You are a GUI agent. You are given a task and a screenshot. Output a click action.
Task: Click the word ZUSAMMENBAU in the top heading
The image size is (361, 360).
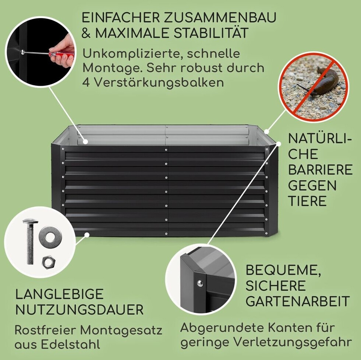point(220,18)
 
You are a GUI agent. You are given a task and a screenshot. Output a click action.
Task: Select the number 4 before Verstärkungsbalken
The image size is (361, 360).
point(86,82)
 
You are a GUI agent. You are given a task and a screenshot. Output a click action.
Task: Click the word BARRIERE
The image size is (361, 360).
point(320,170)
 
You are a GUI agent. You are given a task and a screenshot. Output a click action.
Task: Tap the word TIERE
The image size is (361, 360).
point(307,201)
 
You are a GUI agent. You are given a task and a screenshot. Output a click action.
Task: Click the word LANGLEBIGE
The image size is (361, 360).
point(59,294)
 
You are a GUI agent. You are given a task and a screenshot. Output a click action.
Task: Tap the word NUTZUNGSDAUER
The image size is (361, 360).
point(79,310)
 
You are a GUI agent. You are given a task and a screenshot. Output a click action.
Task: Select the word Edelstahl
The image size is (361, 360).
point(70,345)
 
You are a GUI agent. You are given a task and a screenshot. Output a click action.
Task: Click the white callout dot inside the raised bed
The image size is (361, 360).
point(85,141)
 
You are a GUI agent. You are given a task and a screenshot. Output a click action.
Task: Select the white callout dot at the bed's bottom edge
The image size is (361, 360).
point(87,234)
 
